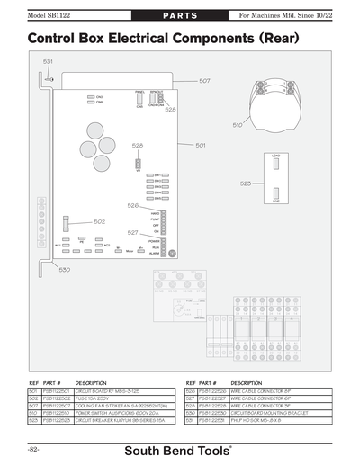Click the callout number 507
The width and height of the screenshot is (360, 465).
[x=204, y=81]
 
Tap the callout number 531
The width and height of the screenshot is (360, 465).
[x=48, y=61]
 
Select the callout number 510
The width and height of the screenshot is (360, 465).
[x=238, y=125]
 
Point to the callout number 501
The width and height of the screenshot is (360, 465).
[x=201, y=145]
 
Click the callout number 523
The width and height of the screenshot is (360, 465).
[x=246, y=183]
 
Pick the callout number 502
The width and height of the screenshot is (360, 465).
[x=99, y=221]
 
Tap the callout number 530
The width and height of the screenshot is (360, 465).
[x=65, y=269]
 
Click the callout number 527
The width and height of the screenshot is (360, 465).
[x=132, y=232]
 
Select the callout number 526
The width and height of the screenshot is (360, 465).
[x=132, y=206]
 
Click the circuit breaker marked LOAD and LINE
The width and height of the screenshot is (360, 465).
[x=277, y=179]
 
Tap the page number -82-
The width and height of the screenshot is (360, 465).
[x=33, y=448]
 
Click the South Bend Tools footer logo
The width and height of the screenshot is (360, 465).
[x=179, y=449]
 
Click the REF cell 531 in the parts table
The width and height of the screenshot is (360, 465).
[x=191, y=419]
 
